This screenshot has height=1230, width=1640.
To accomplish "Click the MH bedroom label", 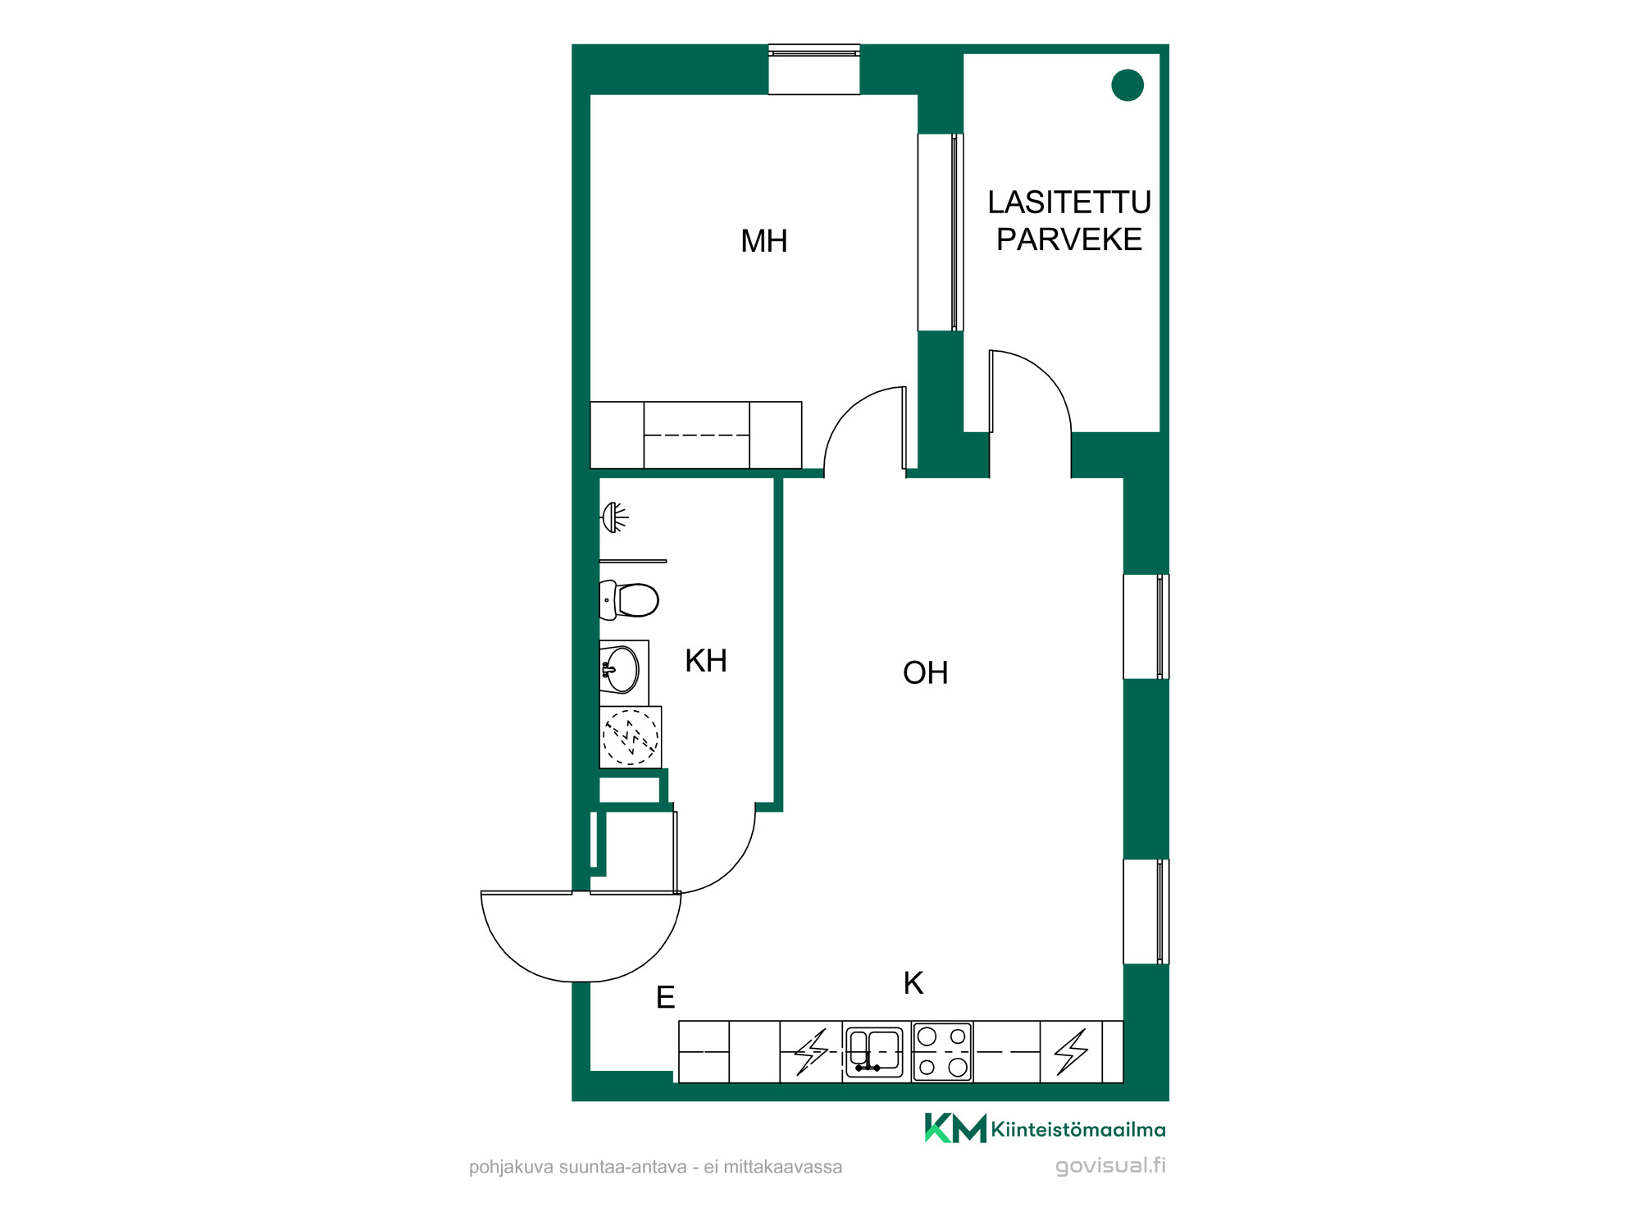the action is (763, 241).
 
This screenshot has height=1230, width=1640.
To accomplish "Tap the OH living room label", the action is (925, 673).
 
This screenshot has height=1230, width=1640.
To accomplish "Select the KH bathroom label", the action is (706, 661).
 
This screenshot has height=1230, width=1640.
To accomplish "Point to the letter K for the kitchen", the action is (913, 983).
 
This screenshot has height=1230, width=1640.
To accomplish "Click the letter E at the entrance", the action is (665, 997).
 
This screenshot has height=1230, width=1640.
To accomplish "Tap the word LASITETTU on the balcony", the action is (1069, 203).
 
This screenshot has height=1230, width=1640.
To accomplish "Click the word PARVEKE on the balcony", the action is (1069, 239).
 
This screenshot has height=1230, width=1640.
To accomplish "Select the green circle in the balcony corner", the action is (1127, 85).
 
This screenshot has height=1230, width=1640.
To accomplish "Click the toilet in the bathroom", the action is (629, 600).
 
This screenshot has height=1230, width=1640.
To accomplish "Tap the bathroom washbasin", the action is (622, 669).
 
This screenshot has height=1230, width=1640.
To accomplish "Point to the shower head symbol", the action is (615, 517).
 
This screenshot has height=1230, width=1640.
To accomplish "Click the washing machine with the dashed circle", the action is (631, 737).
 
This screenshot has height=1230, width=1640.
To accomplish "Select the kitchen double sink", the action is (874, 1052).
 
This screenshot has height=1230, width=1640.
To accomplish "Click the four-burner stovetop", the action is (942, 1052).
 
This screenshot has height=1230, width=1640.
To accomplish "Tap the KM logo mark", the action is (955, 1128).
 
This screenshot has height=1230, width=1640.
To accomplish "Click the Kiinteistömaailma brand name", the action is (1078, 1130).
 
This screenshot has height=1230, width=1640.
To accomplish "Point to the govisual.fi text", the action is (1110, 1166).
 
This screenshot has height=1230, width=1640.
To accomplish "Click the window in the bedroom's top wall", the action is (814, 70).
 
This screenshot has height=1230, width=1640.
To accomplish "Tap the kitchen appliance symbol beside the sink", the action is (811, 1052).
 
